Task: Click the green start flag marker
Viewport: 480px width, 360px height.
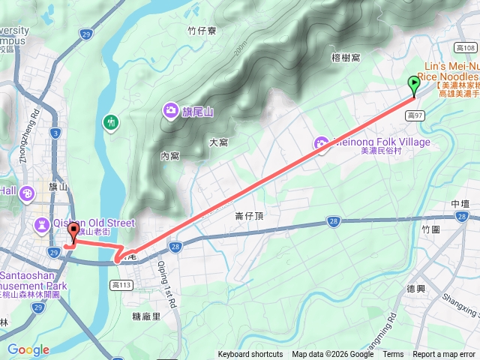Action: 414,85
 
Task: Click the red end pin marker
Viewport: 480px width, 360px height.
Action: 73,233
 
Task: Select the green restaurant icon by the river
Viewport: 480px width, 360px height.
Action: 111,121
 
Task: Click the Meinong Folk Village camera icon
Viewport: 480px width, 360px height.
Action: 322,142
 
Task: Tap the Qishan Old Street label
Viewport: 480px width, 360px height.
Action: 94,223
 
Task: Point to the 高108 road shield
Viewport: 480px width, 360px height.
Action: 466,48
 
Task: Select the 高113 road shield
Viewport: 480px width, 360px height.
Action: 121,284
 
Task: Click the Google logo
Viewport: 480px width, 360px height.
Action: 28,349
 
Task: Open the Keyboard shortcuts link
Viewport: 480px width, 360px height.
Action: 250,355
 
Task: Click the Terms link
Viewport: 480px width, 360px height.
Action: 393,355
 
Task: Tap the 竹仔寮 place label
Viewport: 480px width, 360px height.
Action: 202,31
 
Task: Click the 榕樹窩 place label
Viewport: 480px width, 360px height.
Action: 345,57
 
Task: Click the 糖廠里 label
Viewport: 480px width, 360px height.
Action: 146,316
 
